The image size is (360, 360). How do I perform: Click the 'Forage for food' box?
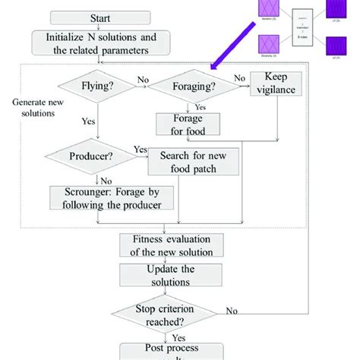[188, 123]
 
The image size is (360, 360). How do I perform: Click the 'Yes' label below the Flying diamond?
[87, 121]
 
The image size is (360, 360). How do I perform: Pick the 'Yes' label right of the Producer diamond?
[140, 149]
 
